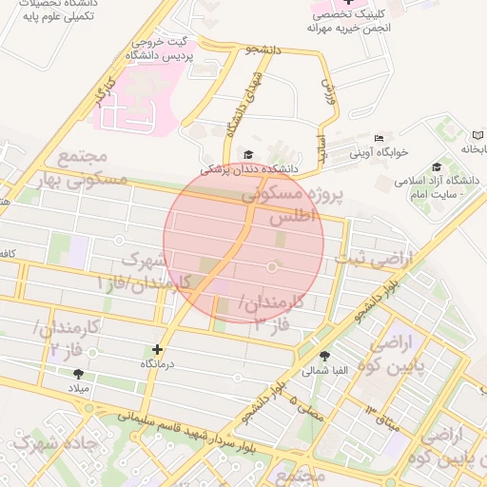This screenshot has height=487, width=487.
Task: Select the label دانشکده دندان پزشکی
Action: click(x=248, y=168)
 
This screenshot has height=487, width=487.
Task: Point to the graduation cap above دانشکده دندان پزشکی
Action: click(x=248, y=155)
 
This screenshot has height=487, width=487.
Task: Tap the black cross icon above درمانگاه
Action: click(x=157, y=350)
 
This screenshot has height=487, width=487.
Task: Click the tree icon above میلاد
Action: click(x=77, y=374)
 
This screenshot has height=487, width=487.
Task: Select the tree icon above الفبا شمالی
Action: click(x=325, y=356)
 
